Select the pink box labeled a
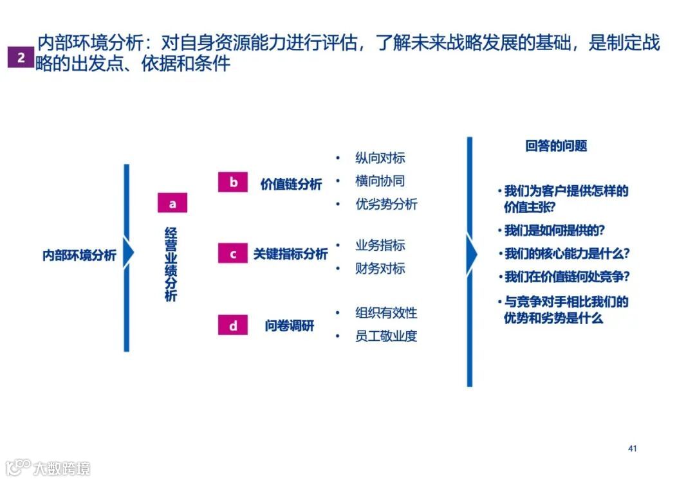pyautogui.click(x=172, y=203)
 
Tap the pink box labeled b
pyautogui.click(x=233, y=183)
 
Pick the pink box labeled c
pyautogui.click(x=233, y=254)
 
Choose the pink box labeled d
pyautogui.click(x=233, y=326)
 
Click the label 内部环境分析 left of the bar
pyautogui.click(x=79, y=255)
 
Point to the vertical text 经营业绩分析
pyautogui.click(x=171, y=264)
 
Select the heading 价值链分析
pyautogui.click(x=291, y=184)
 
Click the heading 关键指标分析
pyautogui.click(x=290, y=255)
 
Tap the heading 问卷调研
pyautogui.click(x=290, y=326)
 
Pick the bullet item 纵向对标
pyautogui.click(x=380, y=158)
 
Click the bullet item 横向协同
pyautogui.click(x=380, y=181)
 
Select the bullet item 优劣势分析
pyautogui.click(x=386, y=204)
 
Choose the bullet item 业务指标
pyautogui.click(x=380, y=245)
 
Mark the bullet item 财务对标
pyautogui.click(x=380, y=268)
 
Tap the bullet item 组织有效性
pyautogui.click(x=386, y=313)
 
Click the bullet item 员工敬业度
pyautogui.click(x=386, y=336)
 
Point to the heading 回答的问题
pyautogui.click(x=556, y=147)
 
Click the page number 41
pyautogui.click(x=632, y=448)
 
